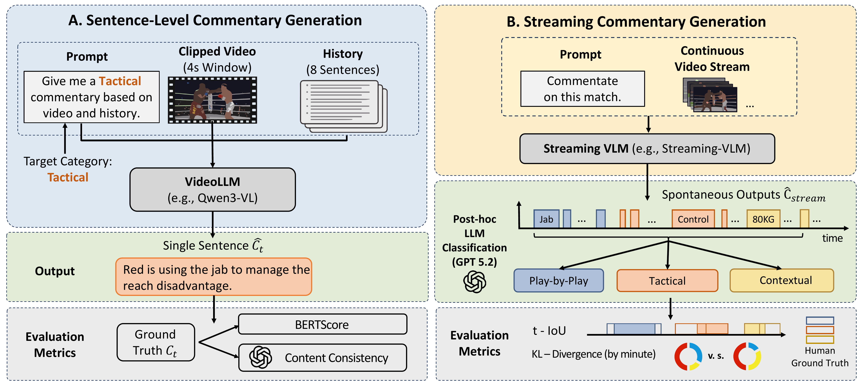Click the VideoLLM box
pos(212,189)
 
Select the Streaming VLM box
pos(647,149)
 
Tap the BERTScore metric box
pos(322,324)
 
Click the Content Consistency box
pos(322,357)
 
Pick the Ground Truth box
pos(155,342)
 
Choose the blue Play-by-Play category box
pos(559,280)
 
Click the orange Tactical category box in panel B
pos(667,280)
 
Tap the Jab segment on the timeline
pos(546,219)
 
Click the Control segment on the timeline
pos(693,219)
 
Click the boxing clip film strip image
pos(212,100)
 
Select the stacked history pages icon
pos(343,106)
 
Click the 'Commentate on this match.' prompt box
pos(582,89)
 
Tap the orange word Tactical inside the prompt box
pos(120,81)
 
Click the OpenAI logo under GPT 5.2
pos(474,282)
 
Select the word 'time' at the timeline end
pos(832,238)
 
